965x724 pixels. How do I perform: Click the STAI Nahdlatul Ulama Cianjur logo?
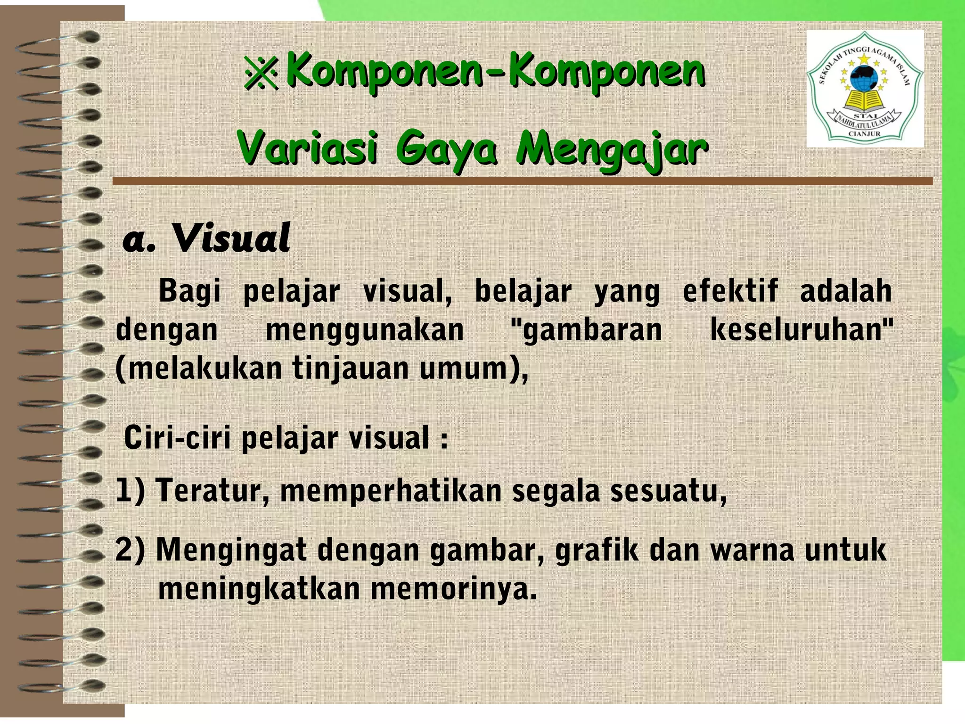pyautogui.click(x=865, y=89)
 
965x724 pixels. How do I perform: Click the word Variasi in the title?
pyautogui.click(x=307, y=148)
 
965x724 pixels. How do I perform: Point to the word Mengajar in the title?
pyautogui.click(x=612, y=149)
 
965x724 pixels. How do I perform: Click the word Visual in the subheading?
pyautogui.click(x=230, y=239)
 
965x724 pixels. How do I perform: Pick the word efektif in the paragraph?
pyautogui.click(x=730, y=291)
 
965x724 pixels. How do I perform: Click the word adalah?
pyautogui.click(x=846, y=291)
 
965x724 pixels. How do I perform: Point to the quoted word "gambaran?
pyautogui.click(x=587, y=330)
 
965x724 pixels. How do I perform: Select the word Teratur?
pyautogui.click(x=213, y=491)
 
